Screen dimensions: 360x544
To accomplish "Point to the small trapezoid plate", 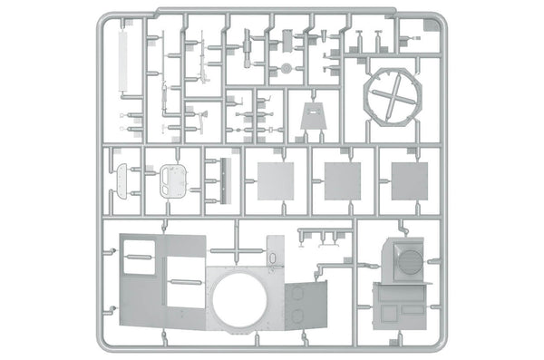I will click(314, 119).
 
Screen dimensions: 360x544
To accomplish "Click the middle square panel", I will click(343, 180).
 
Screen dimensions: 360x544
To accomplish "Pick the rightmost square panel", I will click(409, 180).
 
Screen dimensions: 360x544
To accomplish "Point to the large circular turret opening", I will click(239, 306).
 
